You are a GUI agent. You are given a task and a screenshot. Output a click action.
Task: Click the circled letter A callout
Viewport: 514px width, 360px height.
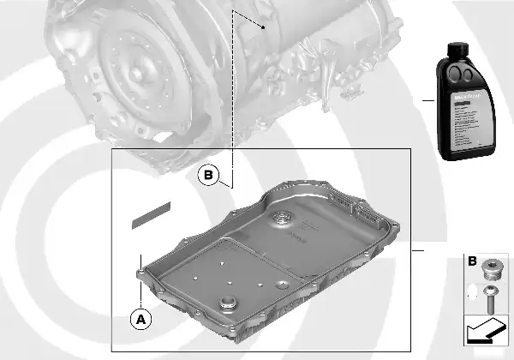141,318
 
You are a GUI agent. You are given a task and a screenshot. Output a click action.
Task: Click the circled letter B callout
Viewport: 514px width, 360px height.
209,176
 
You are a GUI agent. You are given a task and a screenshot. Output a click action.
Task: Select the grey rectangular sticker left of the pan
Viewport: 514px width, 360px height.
152,215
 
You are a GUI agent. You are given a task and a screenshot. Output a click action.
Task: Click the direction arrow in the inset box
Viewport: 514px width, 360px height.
485,330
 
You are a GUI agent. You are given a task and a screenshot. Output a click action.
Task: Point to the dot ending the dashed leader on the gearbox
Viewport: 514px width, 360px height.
265,27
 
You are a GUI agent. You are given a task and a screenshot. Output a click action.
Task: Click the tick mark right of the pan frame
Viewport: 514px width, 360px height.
417,251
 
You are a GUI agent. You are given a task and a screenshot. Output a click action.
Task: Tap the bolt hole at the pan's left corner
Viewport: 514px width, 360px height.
142,273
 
